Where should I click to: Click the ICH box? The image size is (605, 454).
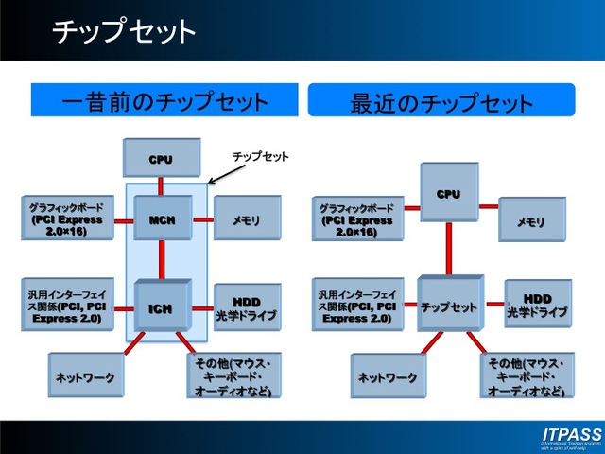[x=162, y=306]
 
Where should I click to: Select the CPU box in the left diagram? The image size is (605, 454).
[x=162, y=159]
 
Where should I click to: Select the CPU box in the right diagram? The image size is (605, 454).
[x=448, y=193]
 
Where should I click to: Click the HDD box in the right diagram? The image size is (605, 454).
[x=537, y=304]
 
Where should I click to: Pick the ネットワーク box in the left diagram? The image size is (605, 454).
[x=83, y=376]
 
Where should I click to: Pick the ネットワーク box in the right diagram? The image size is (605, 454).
[x=388, y=376]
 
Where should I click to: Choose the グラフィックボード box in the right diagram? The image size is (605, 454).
[x=354, y=220]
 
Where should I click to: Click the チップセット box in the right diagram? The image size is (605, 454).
[x=448, y=306]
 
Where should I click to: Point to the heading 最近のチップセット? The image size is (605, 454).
[x=441, y=101]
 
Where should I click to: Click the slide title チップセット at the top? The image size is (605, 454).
[x=123, y=31]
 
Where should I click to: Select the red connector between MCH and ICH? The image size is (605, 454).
[x=162, y=259]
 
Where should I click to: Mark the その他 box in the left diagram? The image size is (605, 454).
[x=233, y=376]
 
